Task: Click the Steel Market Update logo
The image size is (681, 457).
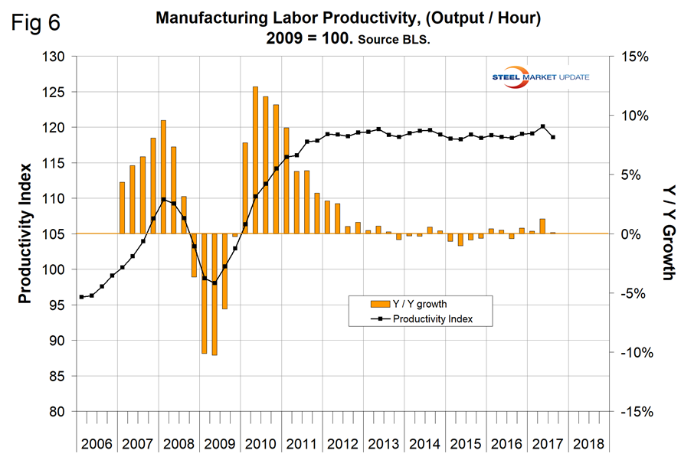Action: click(545, 77)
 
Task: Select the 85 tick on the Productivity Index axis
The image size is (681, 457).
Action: click(61, 376)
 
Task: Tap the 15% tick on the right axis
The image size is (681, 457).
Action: click(631, 57)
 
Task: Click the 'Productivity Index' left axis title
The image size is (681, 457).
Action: click(25, 233)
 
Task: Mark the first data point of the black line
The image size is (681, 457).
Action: click(81, 297)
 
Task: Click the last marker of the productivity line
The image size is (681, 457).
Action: click(553, 137)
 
